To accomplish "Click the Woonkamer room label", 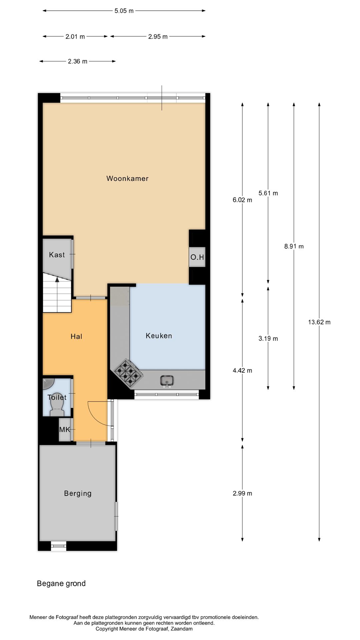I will click(x=127, y=178).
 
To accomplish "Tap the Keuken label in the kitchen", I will click(x=159, y=336).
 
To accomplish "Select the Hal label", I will click(x=76, y=336).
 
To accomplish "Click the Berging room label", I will click(x=78, y=493).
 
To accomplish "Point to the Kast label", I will click(x=57, y=255).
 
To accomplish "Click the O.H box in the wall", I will click(x=197, y=257).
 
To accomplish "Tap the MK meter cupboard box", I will click(x=65, y=430).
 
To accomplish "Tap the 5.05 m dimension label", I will click(x=124, y=11).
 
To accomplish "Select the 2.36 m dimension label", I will click(x=77, y=61).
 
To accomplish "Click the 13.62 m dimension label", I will click(x=319, y=322).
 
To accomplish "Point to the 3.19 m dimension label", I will click(x=268, y=339).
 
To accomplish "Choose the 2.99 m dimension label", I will click(x=242, y=493).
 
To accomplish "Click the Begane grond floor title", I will click(x=61, y=583).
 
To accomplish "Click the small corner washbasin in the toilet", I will click(x=48, y=383).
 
